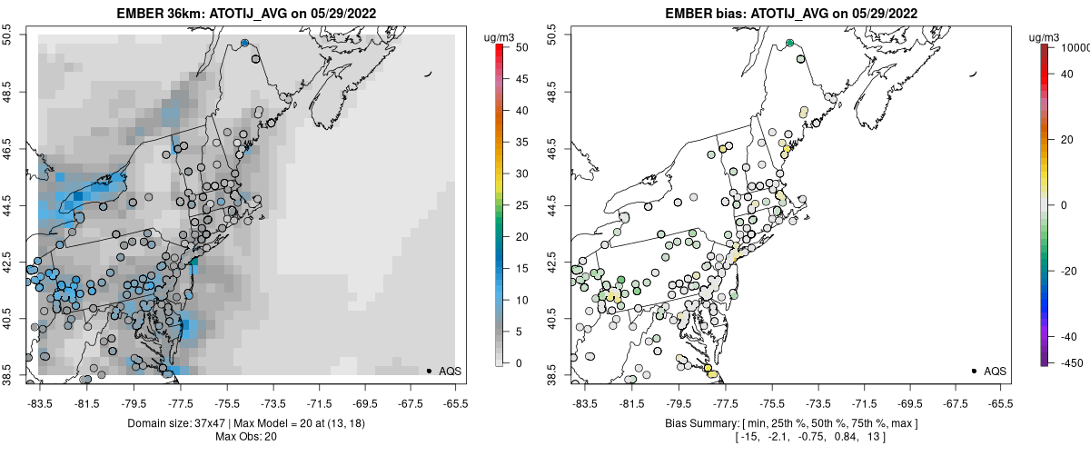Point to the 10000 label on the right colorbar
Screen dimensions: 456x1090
(x=1077, y=46)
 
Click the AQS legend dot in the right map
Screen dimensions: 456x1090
(x=974, y=371)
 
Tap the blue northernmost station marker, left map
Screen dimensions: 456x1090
(x=244, y=43)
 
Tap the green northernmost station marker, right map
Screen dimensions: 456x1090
(x=789, y=43)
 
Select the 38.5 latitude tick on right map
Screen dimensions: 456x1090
(x=561, y=372)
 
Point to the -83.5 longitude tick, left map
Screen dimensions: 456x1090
(x=39, y=401)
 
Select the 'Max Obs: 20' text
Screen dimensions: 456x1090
(x=246, y=437)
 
